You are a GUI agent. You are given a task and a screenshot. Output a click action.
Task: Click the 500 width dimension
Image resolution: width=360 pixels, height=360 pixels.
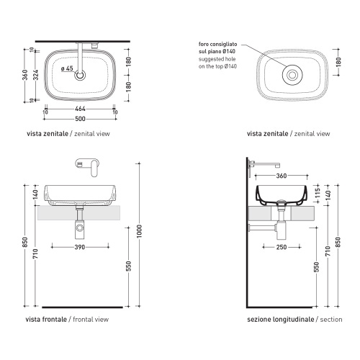coord(80,119)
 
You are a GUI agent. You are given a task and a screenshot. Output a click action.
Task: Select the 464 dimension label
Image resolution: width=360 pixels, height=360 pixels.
coord(80,109)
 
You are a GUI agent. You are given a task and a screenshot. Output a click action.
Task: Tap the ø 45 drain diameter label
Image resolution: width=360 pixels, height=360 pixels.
coord(67,68)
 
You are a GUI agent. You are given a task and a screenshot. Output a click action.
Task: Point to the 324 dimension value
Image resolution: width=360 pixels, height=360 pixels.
coord(35,75)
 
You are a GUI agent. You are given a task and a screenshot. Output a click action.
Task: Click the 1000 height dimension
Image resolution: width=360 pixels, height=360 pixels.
coord(139,231)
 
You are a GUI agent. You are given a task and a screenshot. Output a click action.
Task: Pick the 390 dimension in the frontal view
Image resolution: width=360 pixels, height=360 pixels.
coord(80,247)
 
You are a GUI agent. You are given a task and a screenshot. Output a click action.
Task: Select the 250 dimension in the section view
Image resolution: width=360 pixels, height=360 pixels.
coord(282,247)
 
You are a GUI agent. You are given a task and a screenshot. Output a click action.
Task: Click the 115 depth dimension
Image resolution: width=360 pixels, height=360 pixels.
coord(318,193)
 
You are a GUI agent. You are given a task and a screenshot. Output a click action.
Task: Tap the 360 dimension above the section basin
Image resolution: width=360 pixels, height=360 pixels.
coord(282,176)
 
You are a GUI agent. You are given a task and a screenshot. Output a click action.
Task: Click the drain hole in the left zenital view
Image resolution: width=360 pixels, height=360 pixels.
coord(80,75)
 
